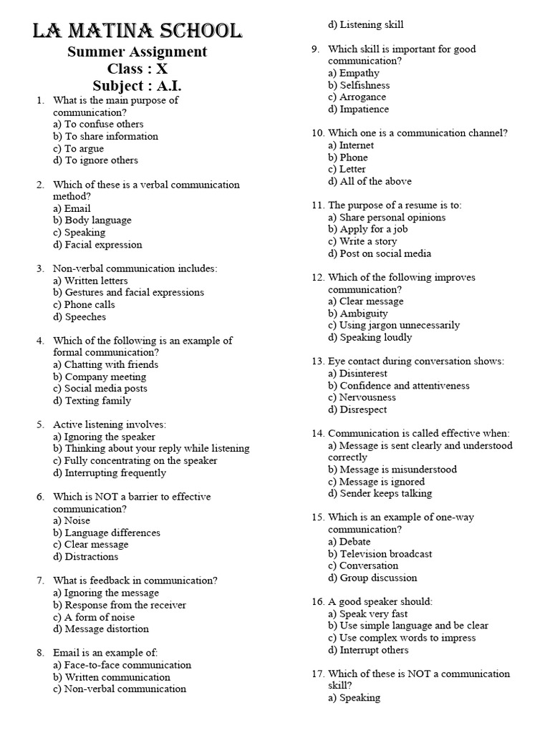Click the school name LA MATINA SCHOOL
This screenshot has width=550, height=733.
tap(137, 31)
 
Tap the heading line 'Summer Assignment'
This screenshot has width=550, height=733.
tap(137, 52)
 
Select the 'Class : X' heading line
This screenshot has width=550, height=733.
tap(137, 69)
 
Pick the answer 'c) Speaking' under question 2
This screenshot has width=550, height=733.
tap(79, 233)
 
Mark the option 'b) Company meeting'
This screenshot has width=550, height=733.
tap(100, 377)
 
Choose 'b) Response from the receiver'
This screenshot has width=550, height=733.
tap(120, 605)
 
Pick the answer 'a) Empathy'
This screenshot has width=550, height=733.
tap(354, 73)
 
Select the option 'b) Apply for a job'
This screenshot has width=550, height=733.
tap(367, 229)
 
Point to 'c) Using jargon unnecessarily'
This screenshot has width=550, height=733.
tap(394, 325)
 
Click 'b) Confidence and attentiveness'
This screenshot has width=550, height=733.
tap(399, 385)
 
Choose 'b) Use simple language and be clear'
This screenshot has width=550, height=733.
tap(408, 626)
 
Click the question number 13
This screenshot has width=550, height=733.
tap(317, 361)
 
